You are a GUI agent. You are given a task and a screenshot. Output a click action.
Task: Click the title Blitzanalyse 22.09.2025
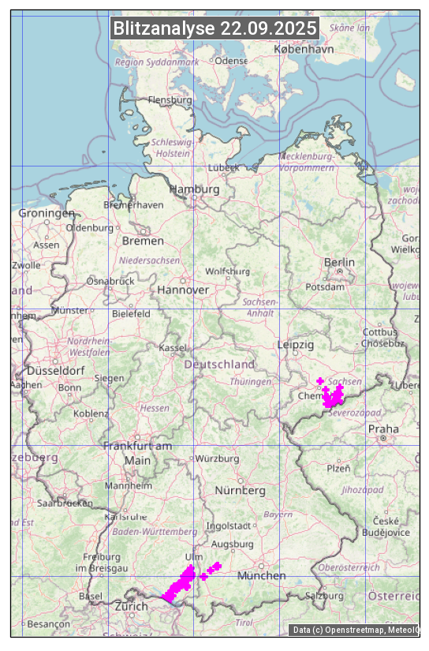214,28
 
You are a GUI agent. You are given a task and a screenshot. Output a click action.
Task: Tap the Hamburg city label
194,189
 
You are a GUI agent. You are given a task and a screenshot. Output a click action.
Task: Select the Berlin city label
339,262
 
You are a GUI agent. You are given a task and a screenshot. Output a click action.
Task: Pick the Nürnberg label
241,490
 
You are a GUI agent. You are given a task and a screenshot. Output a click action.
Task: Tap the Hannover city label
183,290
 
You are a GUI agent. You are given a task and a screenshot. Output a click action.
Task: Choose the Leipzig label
296,345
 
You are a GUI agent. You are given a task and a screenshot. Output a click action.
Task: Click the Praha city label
383,429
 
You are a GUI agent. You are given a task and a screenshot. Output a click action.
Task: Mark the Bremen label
143,241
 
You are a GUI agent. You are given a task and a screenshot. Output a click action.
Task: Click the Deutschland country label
219,365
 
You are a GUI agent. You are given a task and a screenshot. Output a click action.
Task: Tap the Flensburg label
170,100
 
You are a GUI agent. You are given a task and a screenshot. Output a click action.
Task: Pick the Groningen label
47,213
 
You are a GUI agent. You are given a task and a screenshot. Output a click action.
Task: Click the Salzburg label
324,595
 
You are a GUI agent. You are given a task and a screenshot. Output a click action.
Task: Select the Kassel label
172,347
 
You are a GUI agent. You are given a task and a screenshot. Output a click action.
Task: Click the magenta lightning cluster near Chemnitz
333,395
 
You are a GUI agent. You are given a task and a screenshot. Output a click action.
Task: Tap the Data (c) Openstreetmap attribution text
354,629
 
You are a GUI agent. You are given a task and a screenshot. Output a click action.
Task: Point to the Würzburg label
217,458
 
